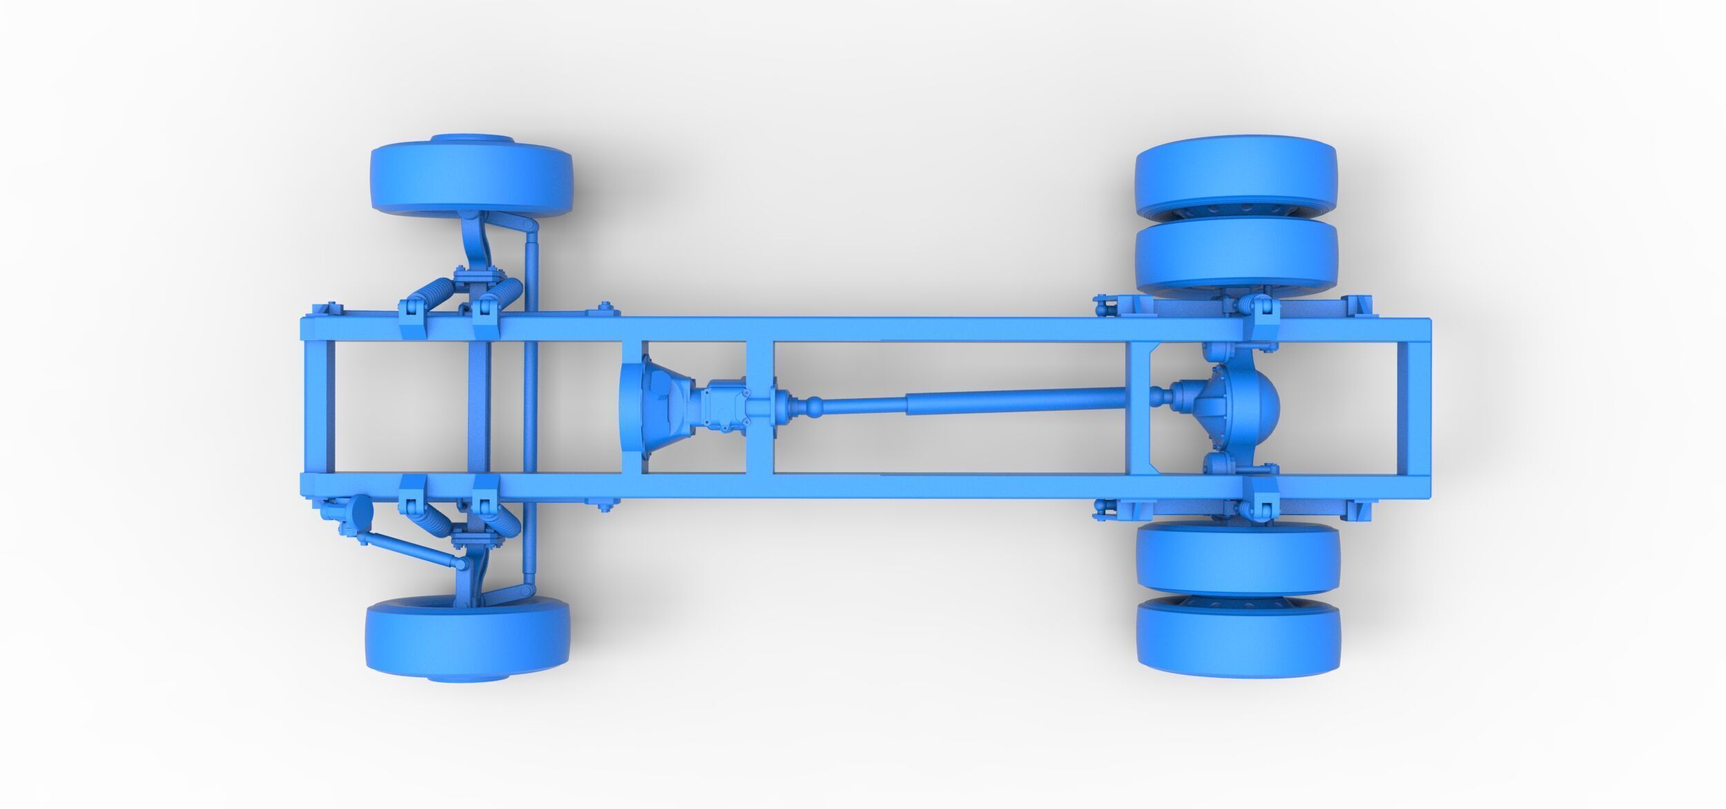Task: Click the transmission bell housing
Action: point(652,407)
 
